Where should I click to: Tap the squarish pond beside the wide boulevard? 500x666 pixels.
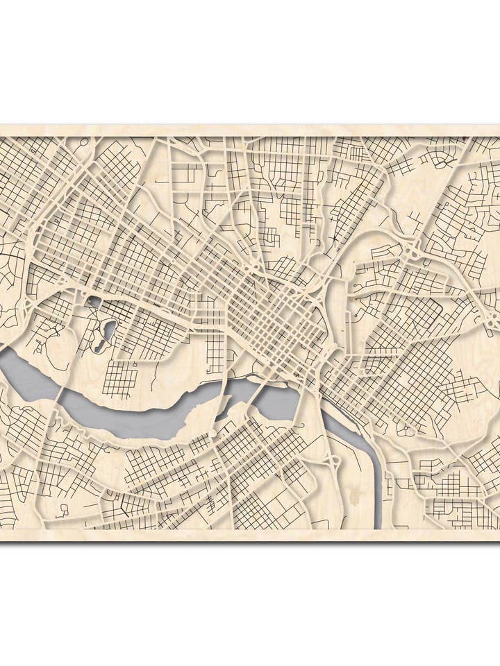(x=94, y=302)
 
